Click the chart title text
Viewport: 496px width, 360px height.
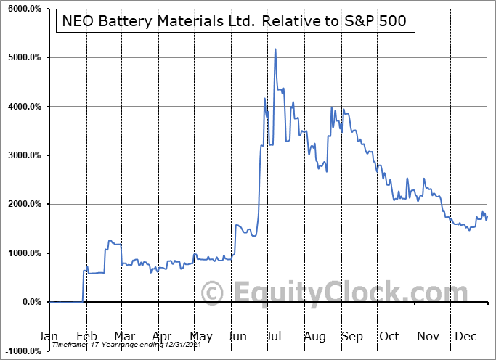tap(236, 22)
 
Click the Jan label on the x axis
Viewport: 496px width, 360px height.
tap(48, 337)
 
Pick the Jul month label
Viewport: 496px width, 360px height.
tap(275, 337)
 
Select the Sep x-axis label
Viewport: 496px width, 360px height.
tap(352, 337)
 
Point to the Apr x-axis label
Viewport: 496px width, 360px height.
tap(162, 337)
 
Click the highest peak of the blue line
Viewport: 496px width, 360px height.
tap(275, 49)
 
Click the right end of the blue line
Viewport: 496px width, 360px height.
tap(487, 216)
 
